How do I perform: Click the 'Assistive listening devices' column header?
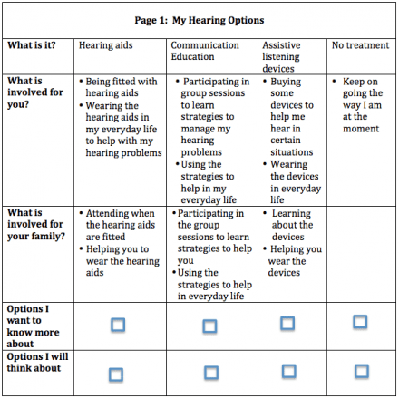[286, 56]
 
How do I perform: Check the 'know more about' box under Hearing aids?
[117, 324]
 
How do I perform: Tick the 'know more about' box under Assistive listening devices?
[287, 323]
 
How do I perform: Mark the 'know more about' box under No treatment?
[360, 322]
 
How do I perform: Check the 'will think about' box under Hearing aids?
[117, 373]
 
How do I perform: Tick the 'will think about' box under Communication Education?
[211, 372]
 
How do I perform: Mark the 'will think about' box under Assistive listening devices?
[288, 371]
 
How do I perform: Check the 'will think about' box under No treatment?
[361, 370]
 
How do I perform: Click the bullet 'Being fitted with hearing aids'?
[122, 86]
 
